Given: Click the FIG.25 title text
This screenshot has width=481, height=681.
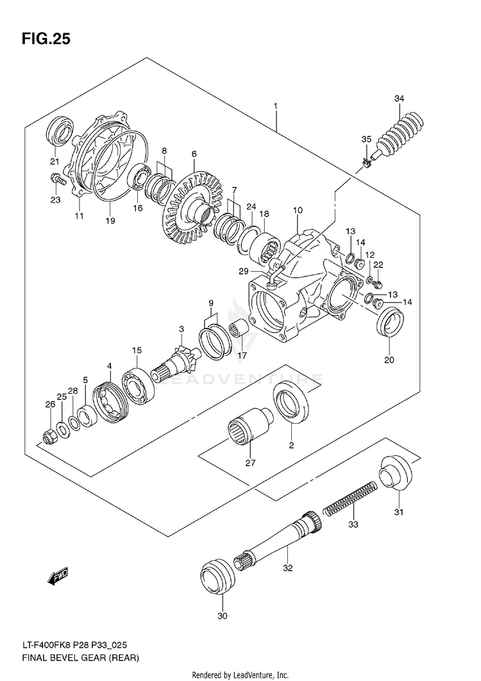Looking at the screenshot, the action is click(46, 39).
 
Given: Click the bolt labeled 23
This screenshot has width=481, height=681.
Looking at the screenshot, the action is click(57, 178).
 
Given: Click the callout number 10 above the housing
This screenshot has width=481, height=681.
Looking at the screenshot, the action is click(297, 210).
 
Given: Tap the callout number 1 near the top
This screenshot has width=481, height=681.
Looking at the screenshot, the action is click(276, 106).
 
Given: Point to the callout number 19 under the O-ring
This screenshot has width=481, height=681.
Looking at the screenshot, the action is click(110, 221).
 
